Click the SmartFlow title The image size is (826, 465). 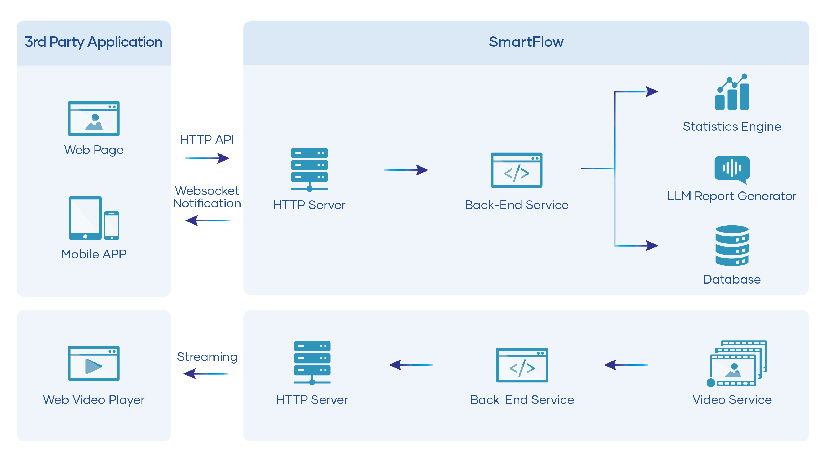(x=526, y=42)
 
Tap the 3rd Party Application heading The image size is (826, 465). (x=94, y=42)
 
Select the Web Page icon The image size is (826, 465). (x=94, y=119)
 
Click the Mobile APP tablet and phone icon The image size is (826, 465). (x=94, y=218)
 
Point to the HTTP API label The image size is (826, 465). (x=207, y=140)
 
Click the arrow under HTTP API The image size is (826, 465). (x=207, y=158)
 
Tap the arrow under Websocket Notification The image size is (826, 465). (x=207, y=220)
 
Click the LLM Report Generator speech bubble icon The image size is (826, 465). (x=732, y=169)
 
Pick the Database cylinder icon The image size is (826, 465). (x=732, y=246)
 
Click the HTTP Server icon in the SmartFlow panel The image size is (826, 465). (x=310, y=169)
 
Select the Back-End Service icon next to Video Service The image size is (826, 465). (x=522, y=365)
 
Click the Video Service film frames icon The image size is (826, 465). (x=736, y=364)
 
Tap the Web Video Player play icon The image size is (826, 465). (x=94, y=363)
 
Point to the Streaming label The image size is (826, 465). (x=207, y=357)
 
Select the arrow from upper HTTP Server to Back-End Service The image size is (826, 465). (x=406, y=170)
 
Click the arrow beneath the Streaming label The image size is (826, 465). (x=206, y=373)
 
